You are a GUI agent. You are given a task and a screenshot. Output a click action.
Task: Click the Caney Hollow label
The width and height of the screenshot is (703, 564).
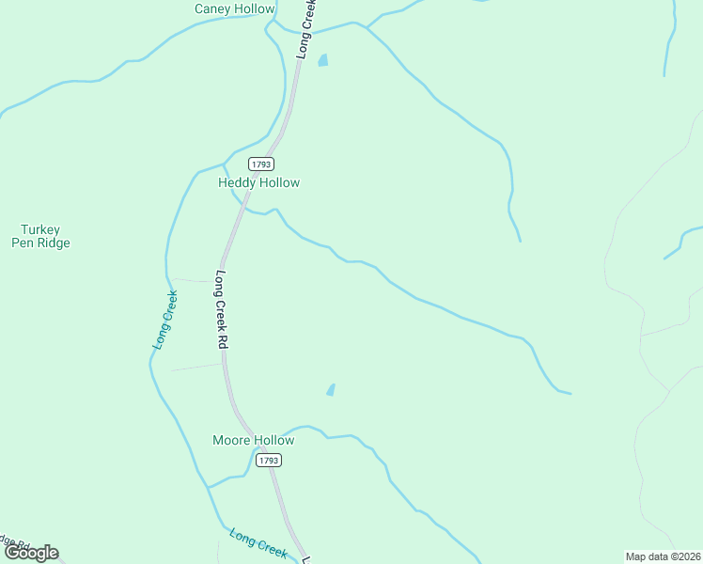[x=234, y=9]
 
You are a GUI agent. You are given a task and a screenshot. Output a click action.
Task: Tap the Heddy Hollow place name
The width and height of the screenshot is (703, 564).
[x=258, y=182]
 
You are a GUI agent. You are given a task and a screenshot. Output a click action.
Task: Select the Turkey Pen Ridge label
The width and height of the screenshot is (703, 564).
[x=40, y=236]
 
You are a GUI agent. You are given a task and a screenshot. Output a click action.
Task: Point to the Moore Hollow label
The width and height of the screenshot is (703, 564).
[x=253, y=440]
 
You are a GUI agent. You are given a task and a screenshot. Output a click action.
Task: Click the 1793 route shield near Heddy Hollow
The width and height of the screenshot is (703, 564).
[x=262, y=164]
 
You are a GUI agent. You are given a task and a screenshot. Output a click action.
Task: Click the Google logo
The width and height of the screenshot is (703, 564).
[x=31, y=553]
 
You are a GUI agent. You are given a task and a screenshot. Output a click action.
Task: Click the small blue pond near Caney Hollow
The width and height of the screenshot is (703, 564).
[x=323, y=61]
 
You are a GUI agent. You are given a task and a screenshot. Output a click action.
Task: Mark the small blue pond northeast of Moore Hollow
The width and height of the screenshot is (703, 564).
[x=331, y=389]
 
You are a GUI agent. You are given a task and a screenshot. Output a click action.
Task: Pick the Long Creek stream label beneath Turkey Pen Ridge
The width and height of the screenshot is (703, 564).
[x=165, y=321]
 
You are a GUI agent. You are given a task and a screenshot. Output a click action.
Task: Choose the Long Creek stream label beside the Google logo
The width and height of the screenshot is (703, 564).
[x=258, y=542]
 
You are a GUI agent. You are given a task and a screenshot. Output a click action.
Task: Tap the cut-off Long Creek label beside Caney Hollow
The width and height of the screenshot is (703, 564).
[x=305, y=30]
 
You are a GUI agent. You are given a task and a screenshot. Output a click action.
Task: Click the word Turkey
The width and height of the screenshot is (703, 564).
[x=40, y=229]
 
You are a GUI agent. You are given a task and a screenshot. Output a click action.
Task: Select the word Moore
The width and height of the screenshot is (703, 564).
[x=230, y=440]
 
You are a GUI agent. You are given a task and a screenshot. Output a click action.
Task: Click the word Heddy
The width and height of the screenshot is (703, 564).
[x=237, y=182]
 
